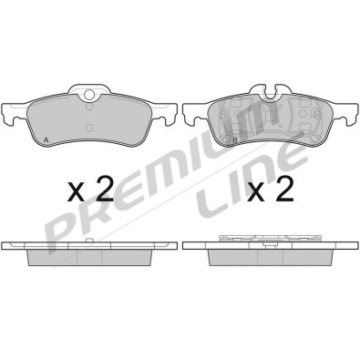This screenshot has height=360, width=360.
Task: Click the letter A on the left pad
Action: [x=46, y=139]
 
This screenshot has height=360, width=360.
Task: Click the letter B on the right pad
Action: [x=234, y=139]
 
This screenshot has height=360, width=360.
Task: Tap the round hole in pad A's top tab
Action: [x=88, y=95]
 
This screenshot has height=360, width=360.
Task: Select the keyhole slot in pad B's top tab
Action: [x=269, y=92]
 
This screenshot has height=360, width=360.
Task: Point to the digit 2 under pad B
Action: [x=285, y=190]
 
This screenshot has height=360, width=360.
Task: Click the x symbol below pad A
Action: [x=77, y=192]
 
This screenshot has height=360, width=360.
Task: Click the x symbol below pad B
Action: [x=258, y=192]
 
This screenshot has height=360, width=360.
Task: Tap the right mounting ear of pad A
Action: [x=165, y=117]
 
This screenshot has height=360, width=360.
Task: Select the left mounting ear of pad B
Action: [x=191, y=117]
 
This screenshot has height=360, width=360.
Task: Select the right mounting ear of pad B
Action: [x=346, y=117]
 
